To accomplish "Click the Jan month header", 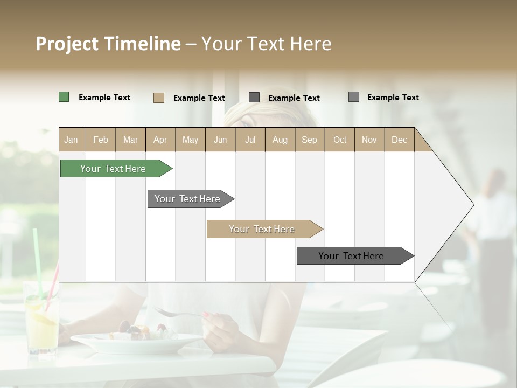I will [71, 140].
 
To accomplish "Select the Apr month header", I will [160, 140].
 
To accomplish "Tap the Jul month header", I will [250, 140].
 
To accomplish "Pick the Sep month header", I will [309, 140].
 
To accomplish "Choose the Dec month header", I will [399, 140].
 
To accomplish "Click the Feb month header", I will [101, 140].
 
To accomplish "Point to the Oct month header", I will [340, 140].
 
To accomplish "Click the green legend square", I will [64, 97].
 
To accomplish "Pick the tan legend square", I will [158, 98].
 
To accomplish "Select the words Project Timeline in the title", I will [108, 44].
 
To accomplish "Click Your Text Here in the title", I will [266, 44].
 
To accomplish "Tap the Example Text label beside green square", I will [104, 98].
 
